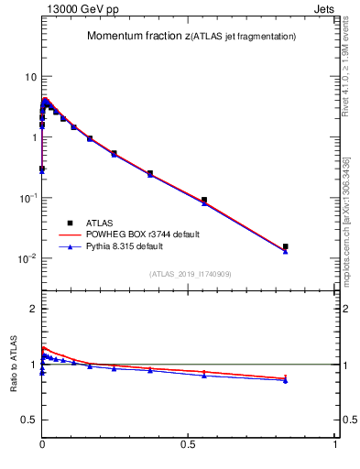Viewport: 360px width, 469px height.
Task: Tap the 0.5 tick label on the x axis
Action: coord(189,444)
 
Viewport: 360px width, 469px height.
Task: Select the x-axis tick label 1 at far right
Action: coord(335,444)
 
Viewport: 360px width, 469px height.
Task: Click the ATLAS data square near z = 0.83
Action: coord(286,246)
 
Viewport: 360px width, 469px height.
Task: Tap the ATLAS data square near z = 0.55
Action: coord(204,200)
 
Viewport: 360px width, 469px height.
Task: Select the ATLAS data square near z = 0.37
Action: coord(150,173)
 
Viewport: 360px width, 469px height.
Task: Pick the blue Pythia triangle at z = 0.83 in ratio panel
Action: coord(286,381)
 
